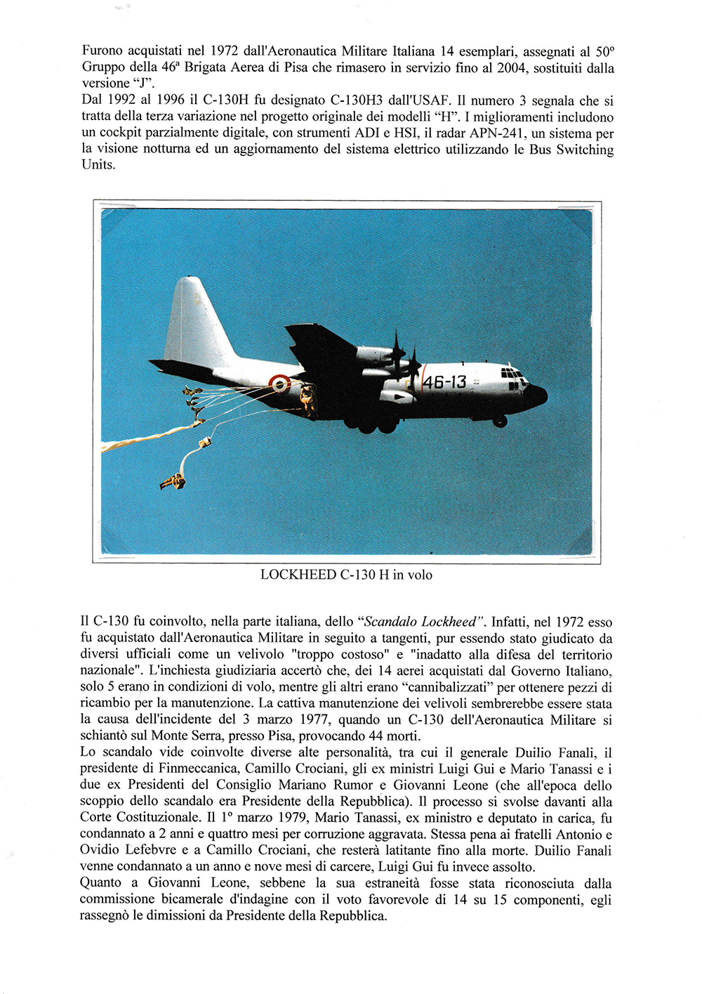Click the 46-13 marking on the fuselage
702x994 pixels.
click(444, 382)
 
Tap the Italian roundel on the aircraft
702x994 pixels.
click(279, 384)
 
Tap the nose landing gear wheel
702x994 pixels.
click(500, 421)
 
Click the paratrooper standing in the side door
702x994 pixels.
click(307, 399)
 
